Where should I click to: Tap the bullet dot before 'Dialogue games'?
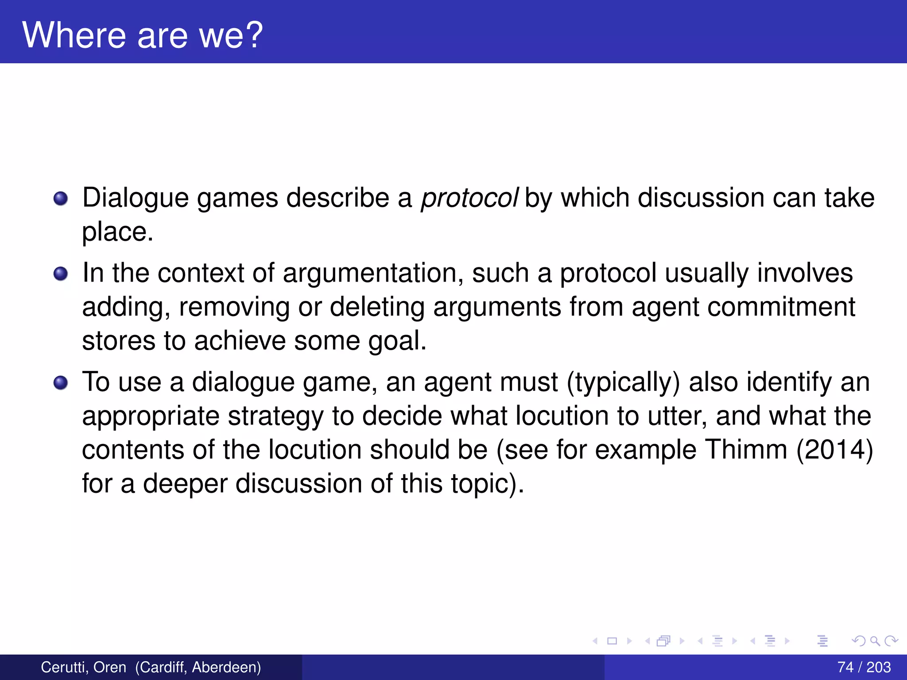(x=61, y=198)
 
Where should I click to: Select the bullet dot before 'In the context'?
(x=61, y=274)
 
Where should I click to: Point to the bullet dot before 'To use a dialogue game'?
(x=61, y=382)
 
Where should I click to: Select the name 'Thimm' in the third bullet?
(x=746, y=450)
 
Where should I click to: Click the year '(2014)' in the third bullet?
(x=834, y=450)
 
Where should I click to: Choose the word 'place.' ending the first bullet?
(x=117, y=232)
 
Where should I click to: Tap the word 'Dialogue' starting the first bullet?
(x=136, y=197)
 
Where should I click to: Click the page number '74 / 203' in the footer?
(x=864, y=667)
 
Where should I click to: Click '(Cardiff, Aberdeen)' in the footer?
(x=198, y=667)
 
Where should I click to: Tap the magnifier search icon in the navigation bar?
(x=875, y=641)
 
